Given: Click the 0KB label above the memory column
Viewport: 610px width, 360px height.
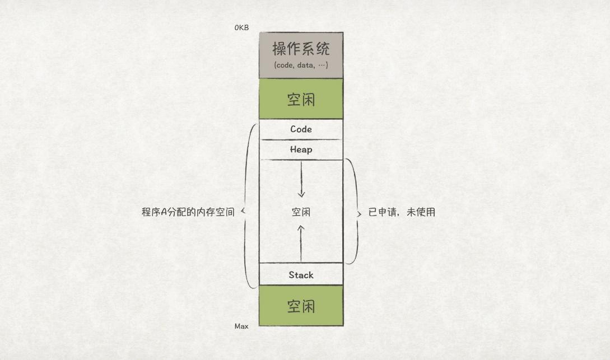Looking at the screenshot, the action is [x=241, y=27].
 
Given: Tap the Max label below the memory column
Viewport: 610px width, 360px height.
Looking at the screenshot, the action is [x=241, y=326].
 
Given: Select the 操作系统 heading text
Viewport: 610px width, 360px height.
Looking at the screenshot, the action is [x=301, y=49].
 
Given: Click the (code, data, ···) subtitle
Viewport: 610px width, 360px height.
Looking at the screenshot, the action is [x=301, y=65].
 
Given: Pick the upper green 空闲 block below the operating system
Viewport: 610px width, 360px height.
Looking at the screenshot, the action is [x=301, y=99].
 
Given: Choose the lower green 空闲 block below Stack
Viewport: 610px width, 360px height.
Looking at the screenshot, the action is [x=301, y=306].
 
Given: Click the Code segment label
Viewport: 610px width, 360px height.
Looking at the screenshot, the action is [x=301, y=129].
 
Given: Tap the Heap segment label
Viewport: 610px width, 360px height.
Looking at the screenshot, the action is [x=301, y=149].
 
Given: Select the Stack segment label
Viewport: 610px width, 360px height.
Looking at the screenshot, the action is [x=301, y=275].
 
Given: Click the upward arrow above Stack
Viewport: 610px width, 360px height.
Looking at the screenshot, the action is [x=301, y=244].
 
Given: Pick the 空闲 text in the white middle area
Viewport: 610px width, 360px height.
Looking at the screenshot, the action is [x=301, y=212].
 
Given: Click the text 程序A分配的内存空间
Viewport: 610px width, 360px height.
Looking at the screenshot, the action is [x=188, y=212].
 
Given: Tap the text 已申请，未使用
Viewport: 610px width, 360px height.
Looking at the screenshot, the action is [x=402, y=212].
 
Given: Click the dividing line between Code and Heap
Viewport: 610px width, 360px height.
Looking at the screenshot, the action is [x=301, y=139].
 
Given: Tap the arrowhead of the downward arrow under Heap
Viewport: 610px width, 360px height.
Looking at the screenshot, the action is [x=301, y=194].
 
